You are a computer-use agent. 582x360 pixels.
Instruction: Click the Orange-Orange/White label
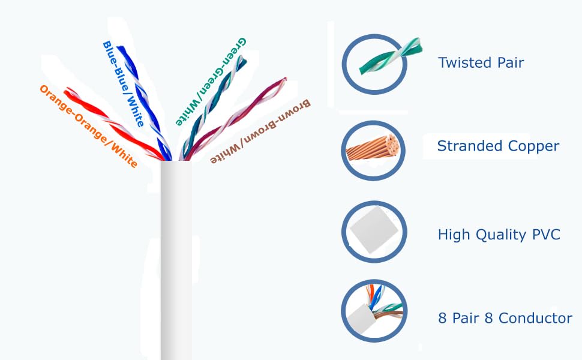click(x=88, y=126)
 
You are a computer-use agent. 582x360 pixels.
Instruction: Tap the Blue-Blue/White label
click(x=123, y=84)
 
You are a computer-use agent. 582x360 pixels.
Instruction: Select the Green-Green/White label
click(x=211, y=82)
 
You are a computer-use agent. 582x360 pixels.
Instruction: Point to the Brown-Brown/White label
click(x=260, y=131)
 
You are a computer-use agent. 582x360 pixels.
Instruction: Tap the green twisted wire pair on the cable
click(x=212, y=109)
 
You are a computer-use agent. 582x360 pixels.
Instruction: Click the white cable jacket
click(x=176, y=260)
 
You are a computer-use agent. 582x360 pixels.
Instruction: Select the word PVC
click(x=546, y=235)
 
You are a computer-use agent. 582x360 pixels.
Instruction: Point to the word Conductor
click(x=535, y=318)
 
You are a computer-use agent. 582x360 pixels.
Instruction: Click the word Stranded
click(x=470, y=146)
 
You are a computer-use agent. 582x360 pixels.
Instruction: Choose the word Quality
click(x=501, y=235)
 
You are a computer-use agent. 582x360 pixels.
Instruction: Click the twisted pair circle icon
click(x=375, y=64)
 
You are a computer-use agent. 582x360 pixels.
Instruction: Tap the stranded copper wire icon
click(x=373, y=151)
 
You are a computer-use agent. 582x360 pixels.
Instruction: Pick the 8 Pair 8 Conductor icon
click(x=374, y=311)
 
